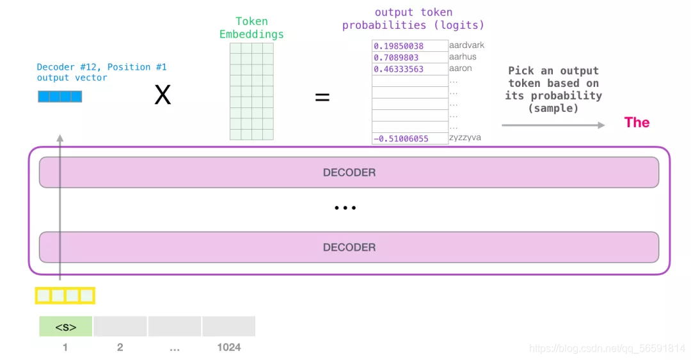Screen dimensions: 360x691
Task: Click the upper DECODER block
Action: pos(349,173)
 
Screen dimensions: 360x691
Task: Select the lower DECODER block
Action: pos(349,247)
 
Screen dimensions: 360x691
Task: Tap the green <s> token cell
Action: pos(66,327)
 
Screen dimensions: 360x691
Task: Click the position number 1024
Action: pos(228,347)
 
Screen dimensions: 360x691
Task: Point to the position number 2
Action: pos(120,347)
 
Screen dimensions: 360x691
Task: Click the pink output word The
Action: pos(637,123)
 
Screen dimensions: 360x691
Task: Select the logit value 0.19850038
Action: pos(399,46)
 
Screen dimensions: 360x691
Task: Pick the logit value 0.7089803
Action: pos(397,58)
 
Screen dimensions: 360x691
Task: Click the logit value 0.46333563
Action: pos(399,69)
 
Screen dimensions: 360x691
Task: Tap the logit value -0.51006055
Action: pos(401,138)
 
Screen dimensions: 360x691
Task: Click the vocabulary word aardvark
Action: pos(466,45)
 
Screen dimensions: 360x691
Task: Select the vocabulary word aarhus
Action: pos(463,57)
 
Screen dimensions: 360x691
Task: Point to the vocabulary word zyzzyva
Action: pos(465,137)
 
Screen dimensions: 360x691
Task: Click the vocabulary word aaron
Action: pos(461,68)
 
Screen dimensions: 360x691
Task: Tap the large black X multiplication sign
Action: pos(163,96)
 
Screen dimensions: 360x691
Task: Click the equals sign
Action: pos(322,97)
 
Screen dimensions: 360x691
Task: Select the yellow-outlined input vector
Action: pos(65,295)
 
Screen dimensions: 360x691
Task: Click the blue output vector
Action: pos(60,97)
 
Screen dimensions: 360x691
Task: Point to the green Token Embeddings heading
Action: pos(251,28)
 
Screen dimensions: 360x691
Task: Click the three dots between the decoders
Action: pos(345,208)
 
